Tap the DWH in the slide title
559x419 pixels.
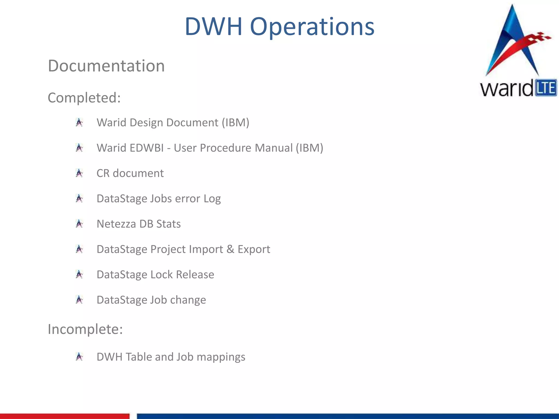pyautogui.click(x=213, y=26)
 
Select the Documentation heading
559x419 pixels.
pyautogui.click(x=106, y=66)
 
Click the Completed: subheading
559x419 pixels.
pyautogui.click(x=84, y=98)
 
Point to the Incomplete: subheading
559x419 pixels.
pyautogui.click(x=85, y=329)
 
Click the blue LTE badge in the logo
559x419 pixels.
pyautogui.click(x=546, y=88)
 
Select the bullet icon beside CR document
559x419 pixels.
pyautogui.click(x=79, y=173)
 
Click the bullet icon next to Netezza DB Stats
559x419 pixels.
pyautogui.click(x=79, y=224)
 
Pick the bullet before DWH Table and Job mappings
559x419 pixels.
pyautogui.click(x=79, y=357)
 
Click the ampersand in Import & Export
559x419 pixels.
pyautogui.click(x=230, y=249)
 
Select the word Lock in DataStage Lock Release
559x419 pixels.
pyautogui.click(x=162, y=274)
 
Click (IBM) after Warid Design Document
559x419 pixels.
pyautogui.click(x=235, y=122)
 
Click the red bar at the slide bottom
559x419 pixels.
pyautogui.click(x=64, y=416)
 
